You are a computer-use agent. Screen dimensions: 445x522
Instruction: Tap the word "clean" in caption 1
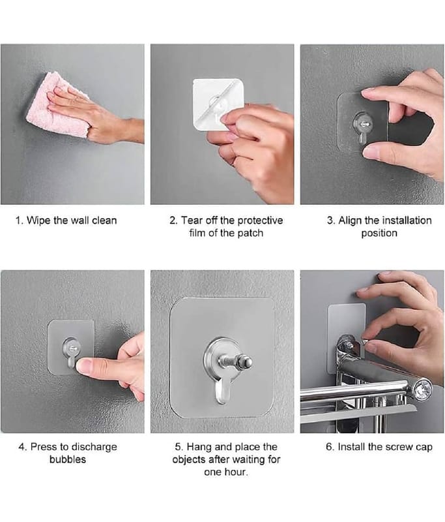click(x=104, y=221)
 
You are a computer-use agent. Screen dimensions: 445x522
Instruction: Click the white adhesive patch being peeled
click(x=218, y=104)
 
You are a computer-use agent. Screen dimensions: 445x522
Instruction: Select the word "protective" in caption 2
click(x=260, y=221)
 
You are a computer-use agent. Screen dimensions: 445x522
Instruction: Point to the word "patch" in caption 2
click(x=250, y=233)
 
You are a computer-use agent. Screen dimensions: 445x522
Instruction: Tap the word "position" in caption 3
click(x=379, y=233)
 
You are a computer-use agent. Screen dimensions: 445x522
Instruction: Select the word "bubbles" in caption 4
click(x=68, y=459)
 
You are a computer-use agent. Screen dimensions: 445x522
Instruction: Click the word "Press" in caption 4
click(x=44, y=447)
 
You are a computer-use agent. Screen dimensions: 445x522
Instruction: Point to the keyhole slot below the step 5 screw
click(x=222, y=391)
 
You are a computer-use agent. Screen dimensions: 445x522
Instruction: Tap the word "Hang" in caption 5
click(x=199, y=447)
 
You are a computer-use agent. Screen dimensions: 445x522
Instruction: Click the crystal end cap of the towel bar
click(x=423, y=388)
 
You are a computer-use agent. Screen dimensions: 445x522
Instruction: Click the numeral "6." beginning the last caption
click(x=330, y=447)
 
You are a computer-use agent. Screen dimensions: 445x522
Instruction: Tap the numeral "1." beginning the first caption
click(x=20, y=221)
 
